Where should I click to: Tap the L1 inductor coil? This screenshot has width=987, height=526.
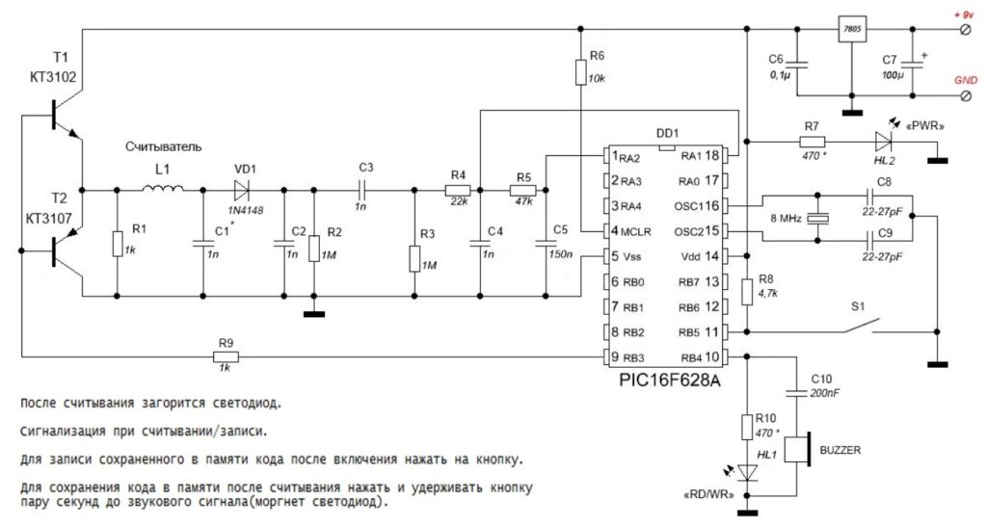162,188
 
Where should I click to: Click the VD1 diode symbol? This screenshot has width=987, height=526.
241,190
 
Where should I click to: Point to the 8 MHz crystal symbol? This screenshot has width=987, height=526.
817,218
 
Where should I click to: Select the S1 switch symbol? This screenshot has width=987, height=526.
861,326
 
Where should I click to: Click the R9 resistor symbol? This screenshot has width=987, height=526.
226,356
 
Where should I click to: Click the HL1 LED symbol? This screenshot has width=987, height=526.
747,472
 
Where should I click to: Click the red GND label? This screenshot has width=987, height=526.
966,81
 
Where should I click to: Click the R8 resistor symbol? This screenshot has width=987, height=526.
747,292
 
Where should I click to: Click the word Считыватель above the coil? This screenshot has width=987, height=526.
164,147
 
